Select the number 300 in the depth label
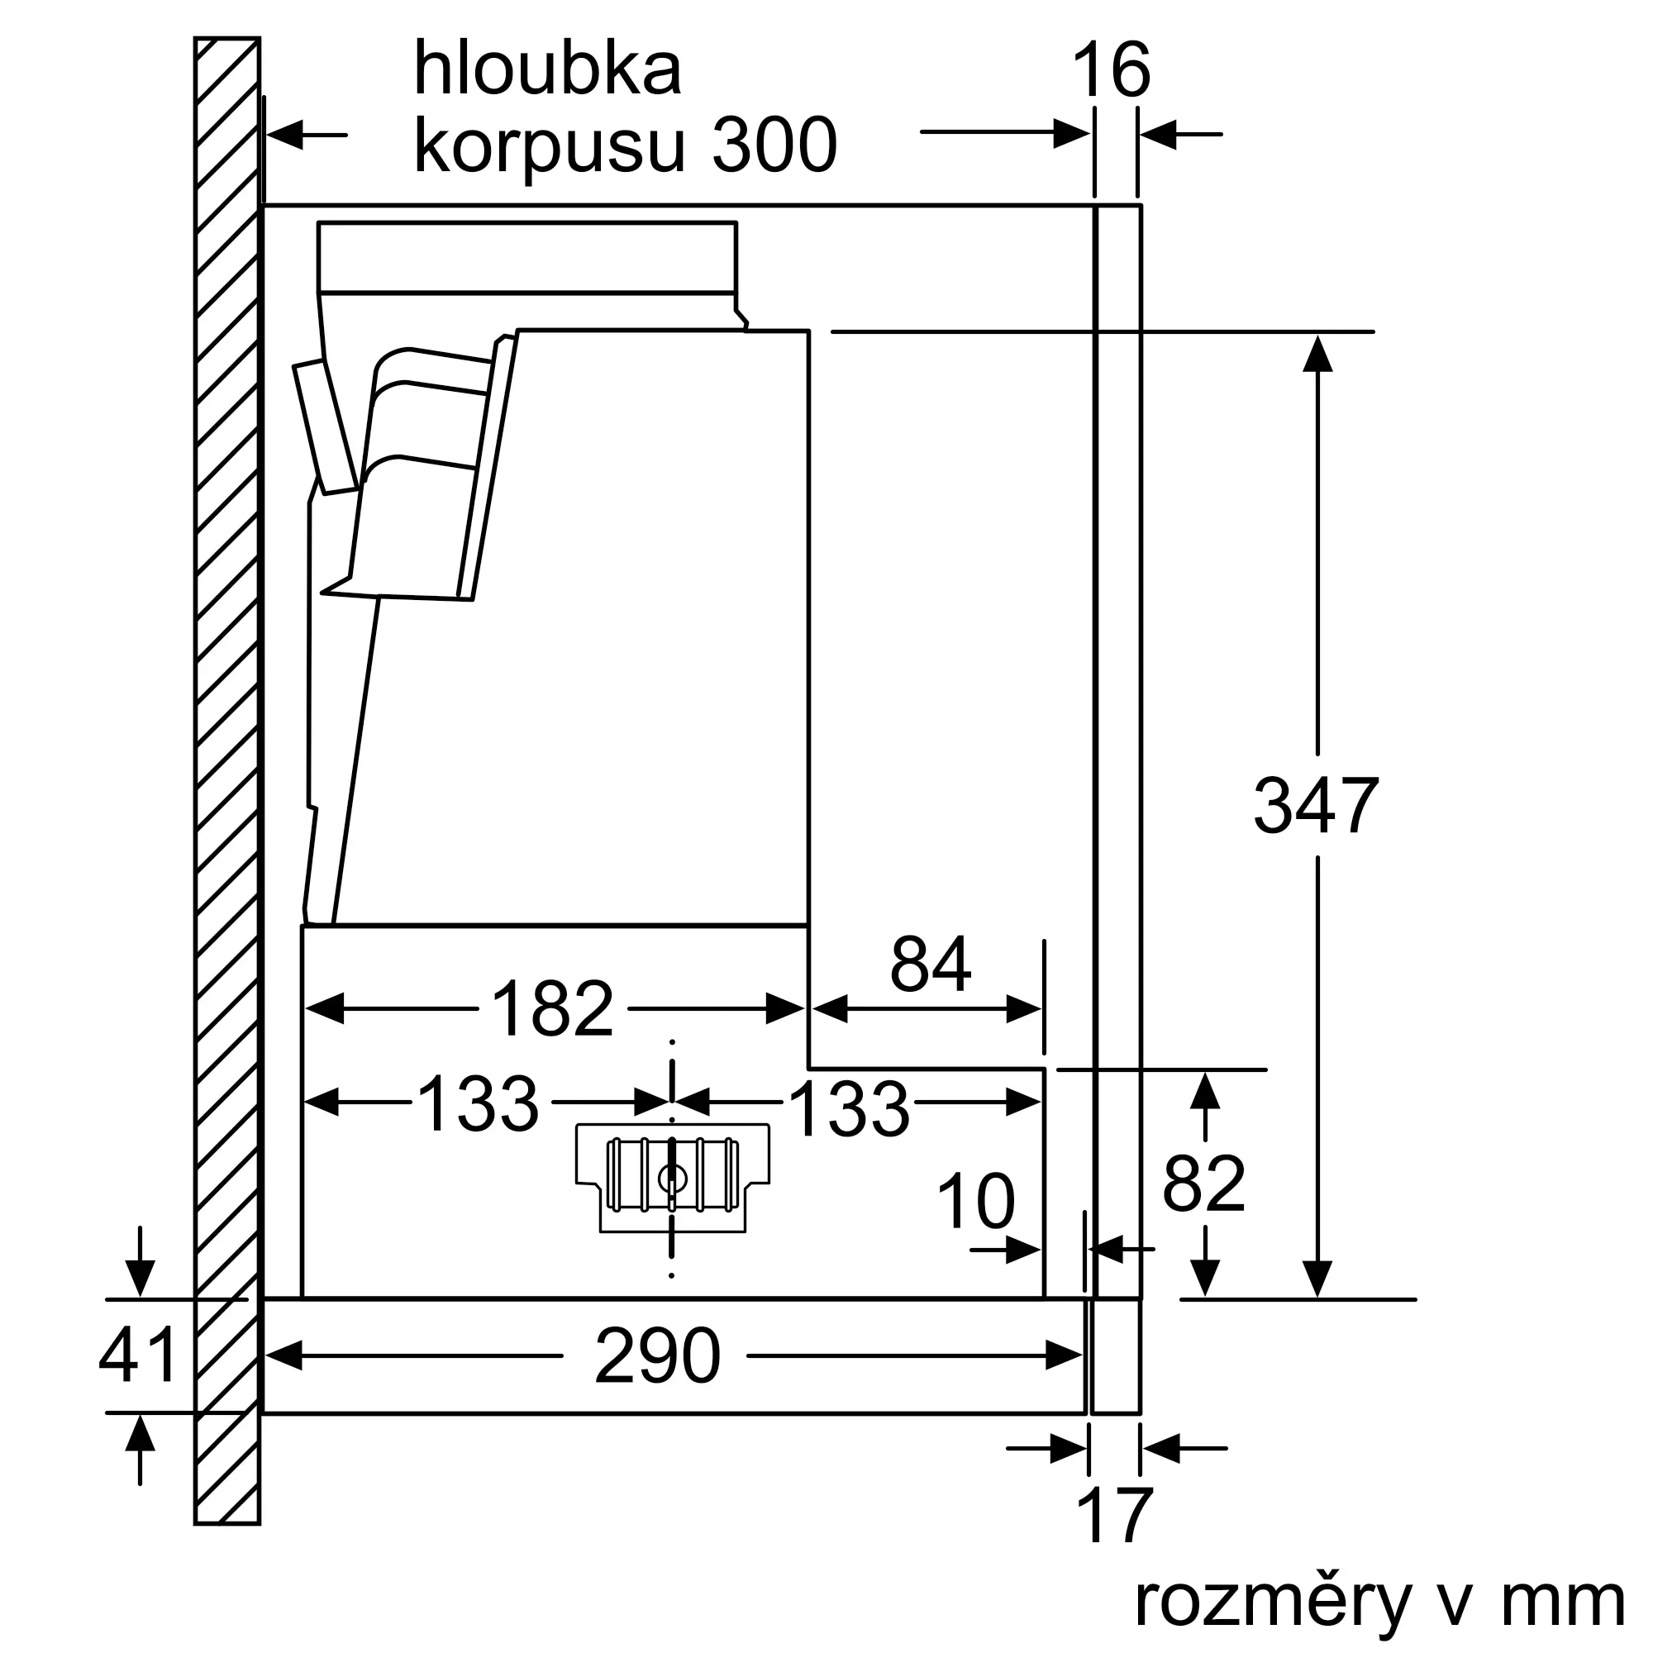774,145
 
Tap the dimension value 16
1111,70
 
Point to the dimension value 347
1316,805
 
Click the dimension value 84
930,965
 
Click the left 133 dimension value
478,1103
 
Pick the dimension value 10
975,1202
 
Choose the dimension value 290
657,1356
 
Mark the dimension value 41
138,1355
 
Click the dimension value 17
1114,1516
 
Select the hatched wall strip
226,770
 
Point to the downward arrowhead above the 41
140,1279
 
